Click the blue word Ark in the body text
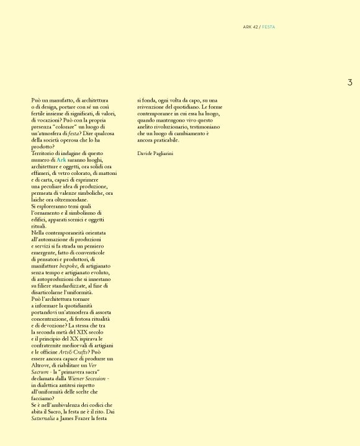pyautogui.click(x=61, y=160)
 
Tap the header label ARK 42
pyautogui.click(x=251, y=27)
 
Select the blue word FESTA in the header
pyautogui.click(x=269, y=27)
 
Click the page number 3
pyautogui.click(x=349, y=83)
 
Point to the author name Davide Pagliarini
pyautogui.click(x=155, y=153)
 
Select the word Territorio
pyautogui.click(x=45, y=153)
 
